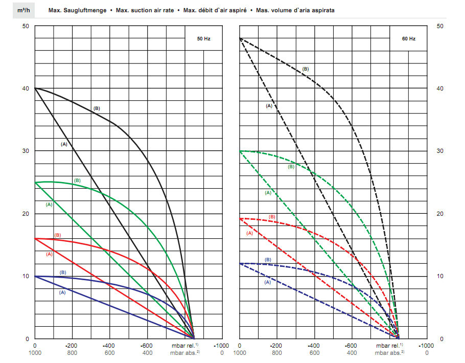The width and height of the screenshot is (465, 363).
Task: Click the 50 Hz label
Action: pos(204,39)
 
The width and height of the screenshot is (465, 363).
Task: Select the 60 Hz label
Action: pos(408,39)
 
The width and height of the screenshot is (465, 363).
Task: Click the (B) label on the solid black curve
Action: pos(97,108)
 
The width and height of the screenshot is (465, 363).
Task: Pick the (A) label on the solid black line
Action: pos(64,145)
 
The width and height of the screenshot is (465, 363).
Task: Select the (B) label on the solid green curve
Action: pos(77,180)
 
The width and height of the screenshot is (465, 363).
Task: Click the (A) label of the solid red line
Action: pos(50,254)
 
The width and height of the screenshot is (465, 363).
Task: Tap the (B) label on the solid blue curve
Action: pos(63,273)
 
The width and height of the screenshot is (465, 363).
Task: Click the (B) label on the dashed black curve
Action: pos(306,69)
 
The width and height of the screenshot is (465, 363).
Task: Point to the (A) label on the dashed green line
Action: pos(268,193)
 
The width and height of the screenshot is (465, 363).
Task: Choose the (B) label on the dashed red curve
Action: pos(272,217)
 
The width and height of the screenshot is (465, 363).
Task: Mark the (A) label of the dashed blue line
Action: pos(267,282)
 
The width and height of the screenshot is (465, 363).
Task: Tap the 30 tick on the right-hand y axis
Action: pos(441,151)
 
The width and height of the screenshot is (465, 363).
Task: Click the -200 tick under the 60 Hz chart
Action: pos(276,345)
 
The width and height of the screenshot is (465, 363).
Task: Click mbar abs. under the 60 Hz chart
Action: pos(390,353)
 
